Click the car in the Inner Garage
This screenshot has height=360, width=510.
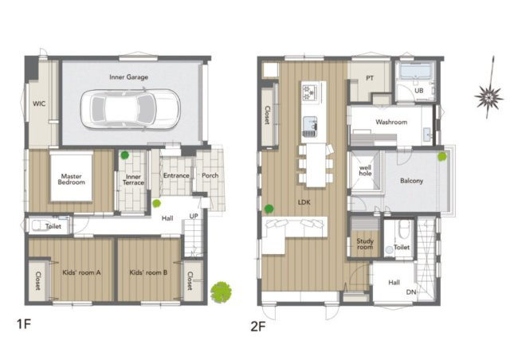click(x=130, y=109)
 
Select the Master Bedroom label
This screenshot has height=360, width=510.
click(x=71, y=179)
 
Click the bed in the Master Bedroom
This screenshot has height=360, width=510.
click(x=71, y=177)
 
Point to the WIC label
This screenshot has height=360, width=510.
click(x=39, y=104)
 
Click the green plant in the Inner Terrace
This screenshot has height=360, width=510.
click(x=124, y=155)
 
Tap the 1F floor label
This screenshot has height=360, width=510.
click(x=24, y=324)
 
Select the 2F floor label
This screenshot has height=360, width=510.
click(x=258, y=327)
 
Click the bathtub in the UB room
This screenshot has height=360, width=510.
click(x=414, y=72)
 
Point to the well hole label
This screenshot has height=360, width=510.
click(x=365, y=170)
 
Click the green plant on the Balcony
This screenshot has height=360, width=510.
click(x=442, y=156)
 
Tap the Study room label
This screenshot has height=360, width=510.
click(x=365, y=244)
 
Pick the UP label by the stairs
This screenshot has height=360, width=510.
click(x=194, y=216)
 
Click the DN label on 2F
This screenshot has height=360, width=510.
click(x=411, y=292)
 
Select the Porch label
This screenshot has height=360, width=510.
click(x=210, y=175)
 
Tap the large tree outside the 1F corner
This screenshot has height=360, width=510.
click(x=222, y=292)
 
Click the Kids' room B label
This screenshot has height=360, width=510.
click(x=148, y=272)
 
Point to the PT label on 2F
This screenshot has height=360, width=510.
click(x=370, y=78)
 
